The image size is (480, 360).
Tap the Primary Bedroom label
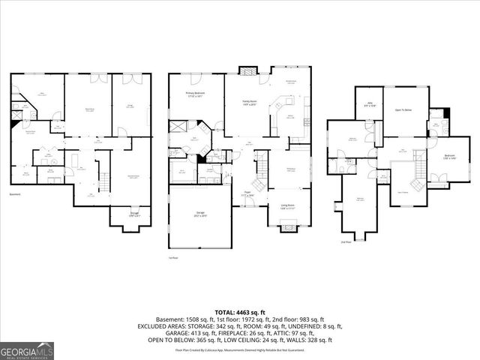point(196,94)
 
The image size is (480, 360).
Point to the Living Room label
point(287,206)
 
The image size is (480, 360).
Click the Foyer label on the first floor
point(246,193)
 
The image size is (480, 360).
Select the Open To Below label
point(403,110)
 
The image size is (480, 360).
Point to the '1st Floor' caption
point(173,257)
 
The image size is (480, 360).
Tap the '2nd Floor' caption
point(346,242)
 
